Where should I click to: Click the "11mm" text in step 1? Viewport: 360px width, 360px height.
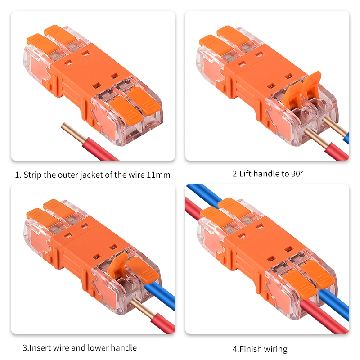(158, 175)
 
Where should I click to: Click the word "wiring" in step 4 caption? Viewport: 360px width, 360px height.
(276, 348)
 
